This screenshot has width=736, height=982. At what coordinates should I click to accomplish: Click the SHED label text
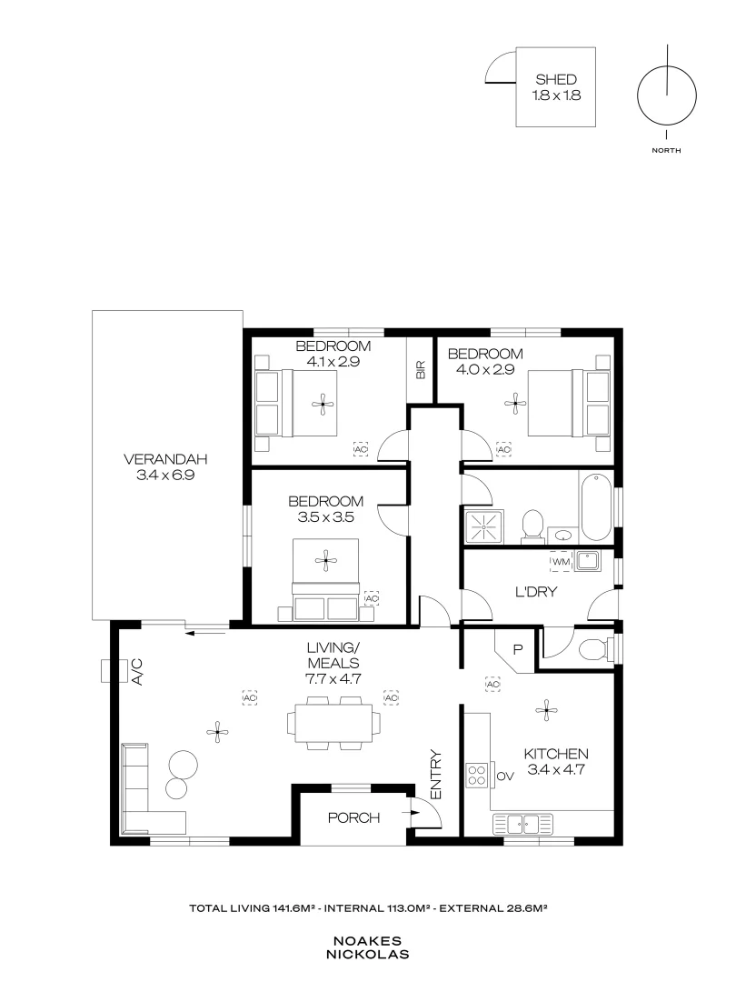click(x=555, y=80)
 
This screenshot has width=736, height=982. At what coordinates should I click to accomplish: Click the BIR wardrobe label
click(x=420, y=370)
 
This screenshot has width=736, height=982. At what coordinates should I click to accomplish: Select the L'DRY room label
click(x=536, y=592)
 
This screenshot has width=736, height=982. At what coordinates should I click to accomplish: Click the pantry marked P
click(x=517, y=649)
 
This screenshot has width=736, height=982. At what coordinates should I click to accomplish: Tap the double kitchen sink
click(x=522, y=824)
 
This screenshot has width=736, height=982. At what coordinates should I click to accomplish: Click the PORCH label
click(x=353, y=817)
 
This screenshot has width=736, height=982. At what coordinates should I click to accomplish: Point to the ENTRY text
click(x=435, y=774)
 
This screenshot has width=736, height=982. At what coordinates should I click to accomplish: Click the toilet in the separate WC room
click(x=595, y=649)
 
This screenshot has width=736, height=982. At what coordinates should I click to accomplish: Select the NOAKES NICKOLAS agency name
click(x=369, y=947)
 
